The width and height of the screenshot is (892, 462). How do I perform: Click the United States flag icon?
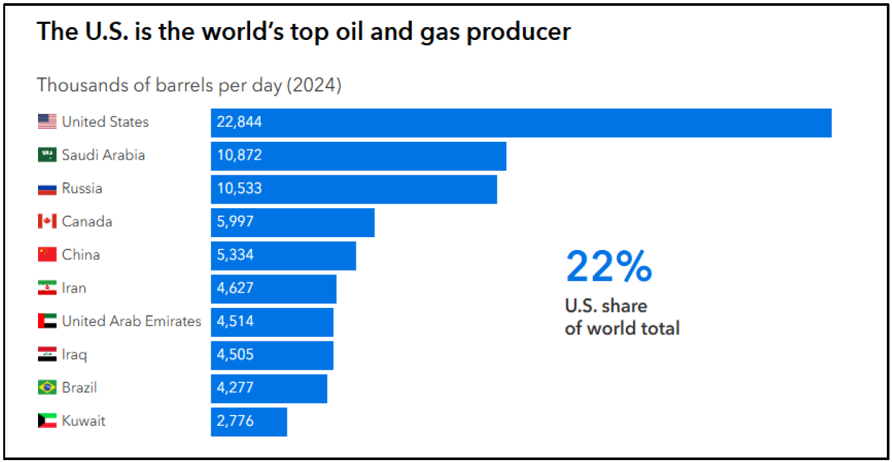pyautogui.click(x=47, y=122)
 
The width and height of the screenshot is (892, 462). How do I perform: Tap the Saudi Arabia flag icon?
pyautogui.click(x=47, y=155)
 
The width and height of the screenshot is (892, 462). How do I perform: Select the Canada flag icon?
pyautogui.click(x=47, y=222)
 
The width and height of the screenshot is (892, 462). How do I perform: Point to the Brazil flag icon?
pyautogui.click(x=47, y=387)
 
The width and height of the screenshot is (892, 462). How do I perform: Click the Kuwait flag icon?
pyautogui.click(x=47, y=421)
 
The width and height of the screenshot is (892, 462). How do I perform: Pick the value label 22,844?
pyautogui.click(x=239, y=122)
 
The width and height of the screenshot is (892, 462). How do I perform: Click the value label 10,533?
pyautogui.click(x=239, y=188)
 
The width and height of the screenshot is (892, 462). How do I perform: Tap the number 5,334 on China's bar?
pyautogui.click(x=235, y=255)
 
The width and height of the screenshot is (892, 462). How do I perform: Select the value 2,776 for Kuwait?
pyautogui.click(x=235, y=421)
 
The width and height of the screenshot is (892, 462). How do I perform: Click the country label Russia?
pyautogui.click(x=82, y=188)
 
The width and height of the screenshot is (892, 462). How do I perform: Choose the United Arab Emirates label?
pyautogui.click(x=131, y=321)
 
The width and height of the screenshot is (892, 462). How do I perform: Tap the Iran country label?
pyautogui.click(x=74, y=288)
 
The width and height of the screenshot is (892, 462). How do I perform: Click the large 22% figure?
pyautogui.click(x=608, y=266)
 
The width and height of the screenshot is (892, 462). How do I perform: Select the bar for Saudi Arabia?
pyautogui.click(x=358, y=156)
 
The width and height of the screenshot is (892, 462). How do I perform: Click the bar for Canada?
pyautogui.click(x=293, y=223)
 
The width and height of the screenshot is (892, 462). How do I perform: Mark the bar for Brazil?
pyautogui.click(x=269, y=389)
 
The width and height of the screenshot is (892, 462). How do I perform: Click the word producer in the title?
pyautogui.click(x=518, y=32)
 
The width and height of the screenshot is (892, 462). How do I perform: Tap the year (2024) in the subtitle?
pyautogui.click(x=314, y=85)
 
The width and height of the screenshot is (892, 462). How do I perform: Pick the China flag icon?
pyautogui.click(x=47, y=255)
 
